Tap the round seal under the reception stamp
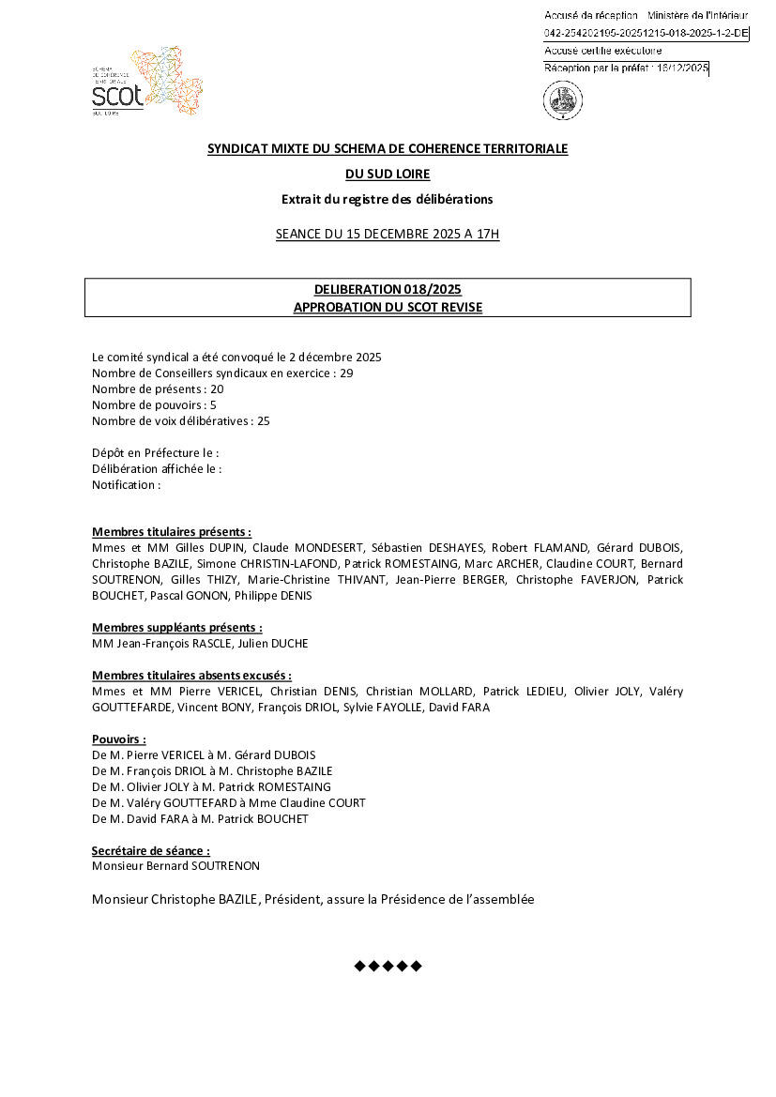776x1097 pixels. pyautogui.click(x=562, y=100)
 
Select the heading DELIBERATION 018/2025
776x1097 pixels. pyautogui.click(x=388, y=290)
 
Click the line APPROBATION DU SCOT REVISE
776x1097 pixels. pyautogui.click(x=388, y=307)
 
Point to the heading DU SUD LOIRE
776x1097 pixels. pyautogui.click(x=388, y=174)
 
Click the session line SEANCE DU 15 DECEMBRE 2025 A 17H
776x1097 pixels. pyautogui.click(x=388, y=234)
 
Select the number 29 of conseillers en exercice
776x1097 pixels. pyautogui.click(x=346, y=373)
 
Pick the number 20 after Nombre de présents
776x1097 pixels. pyautogui.click(x=217, y=389)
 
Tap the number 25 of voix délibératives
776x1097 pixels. pyautogui.click(x=263, y=421)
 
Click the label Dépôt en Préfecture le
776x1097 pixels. pyautogui.click(x=155, y=453)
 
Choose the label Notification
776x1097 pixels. pyautogui.click(x=126, y=485)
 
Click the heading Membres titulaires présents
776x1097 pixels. pyautogui.click(x=172, y=532)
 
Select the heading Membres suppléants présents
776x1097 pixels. pyautogui.click(x=177, y=628)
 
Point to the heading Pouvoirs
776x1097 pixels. pyautogui.click(x=119, y=739)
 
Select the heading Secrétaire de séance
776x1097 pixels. pyautogui.click(x=151, y=851)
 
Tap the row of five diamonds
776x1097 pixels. pyautogui.click(x=388, y=966)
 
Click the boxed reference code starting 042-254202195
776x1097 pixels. pyautogui.click(x=647, y=33)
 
